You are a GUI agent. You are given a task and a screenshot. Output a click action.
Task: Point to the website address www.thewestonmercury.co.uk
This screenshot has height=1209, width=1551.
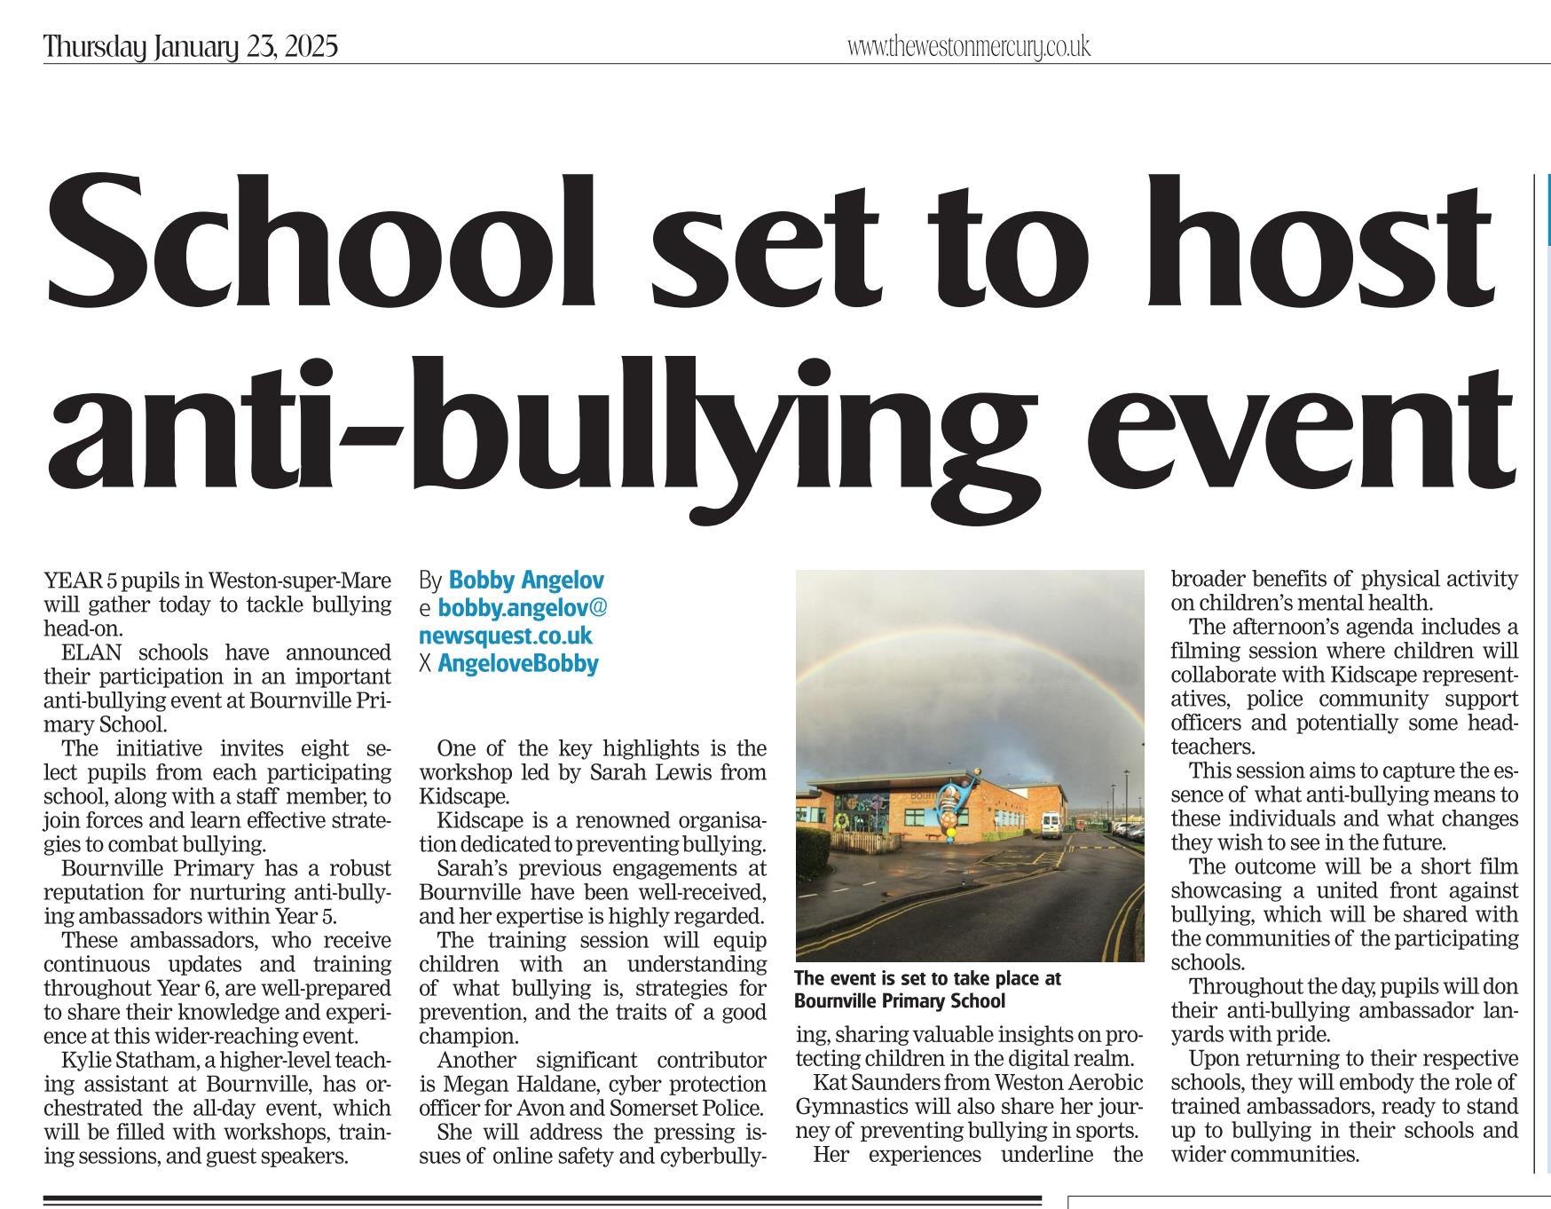point(968,46)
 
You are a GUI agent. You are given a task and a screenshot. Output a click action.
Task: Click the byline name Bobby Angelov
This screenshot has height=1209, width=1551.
point(526,581)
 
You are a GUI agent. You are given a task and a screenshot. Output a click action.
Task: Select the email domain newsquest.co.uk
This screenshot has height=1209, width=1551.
point(506,636)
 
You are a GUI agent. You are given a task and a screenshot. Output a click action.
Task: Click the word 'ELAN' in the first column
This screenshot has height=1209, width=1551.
point(84,652)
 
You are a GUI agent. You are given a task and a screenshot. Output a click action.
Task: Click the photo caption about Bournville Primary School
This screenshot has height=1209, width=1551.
point(927,989)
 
